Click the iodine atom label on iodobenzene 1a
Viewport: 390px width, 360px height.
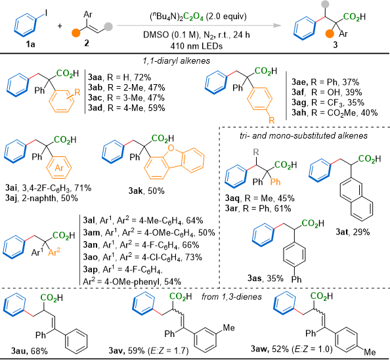(x=46, y=13)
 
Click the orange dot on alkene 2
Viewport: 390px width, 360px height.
(x=76, y=33)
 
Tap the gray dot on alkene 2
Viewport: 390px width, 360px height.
(x=108, y=27)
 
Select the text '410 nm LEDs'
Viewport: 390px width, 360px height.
(x=196, y=46)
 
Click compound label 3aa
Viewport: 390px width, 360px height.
(x=95, y=78)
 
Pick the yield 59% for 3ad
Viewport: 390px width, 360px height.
(x=157, y=108)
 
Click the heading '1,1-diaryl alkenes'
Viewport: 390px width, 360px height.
(x=177, y=61)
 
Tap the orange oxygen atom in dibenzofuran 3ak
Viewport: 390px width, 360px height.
(x=171, y=148)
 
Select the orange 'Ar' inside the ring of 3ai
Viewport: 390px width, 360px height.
(x=59, y=168)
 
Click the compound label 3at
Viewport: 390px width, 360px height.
(x=342, y=232)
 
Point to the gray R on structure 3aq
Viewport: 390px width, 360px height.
(x=256, y=152)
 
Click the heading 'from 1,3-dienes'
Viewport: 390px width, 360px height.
(x=232, y=296)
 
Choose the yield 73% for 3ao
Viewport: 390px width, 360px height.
(x=194, y=257)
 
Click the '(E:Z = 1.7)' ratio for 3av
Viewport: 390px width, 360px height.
(x=168, y=351)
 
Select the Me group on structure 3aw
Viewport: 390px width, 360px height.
(x=370, y=352)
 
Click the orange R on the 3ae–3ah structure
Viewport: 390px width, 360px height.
(x=272, y=120)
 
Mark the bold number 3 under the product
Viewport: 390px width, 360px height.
(x=336, y=45)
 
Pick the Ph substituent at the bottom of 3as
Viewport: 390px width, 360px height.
(x=296, y=279)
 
